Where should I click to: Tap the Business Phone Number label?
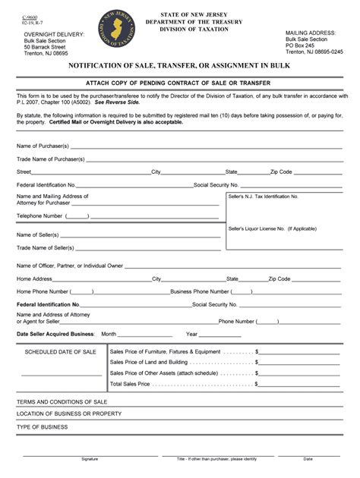tap(201, 291)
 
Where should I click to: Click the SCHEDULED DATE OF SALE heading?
tap(61, 352)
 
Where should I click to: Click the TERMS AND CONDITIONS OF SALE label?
tap(62, 401)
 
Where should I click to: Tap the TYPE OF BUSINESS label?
tap(43, 426)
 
